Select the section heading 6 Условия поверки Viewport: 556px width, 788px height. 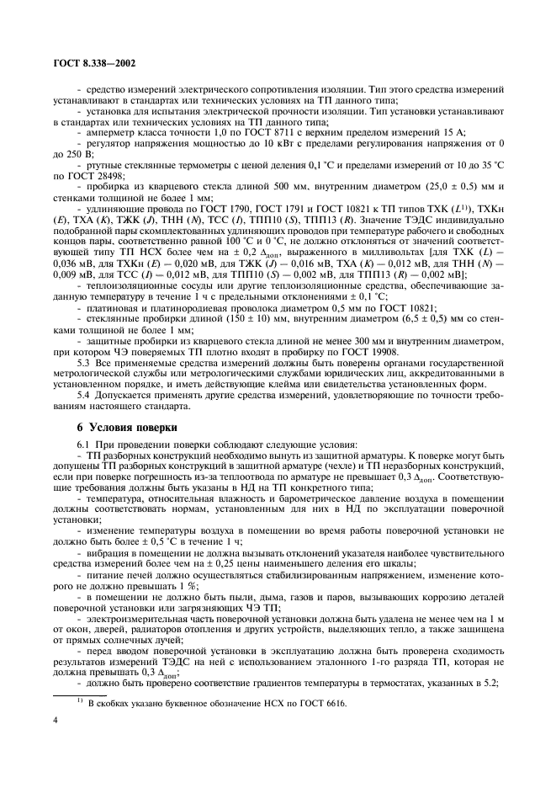(x=124, y=427)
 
